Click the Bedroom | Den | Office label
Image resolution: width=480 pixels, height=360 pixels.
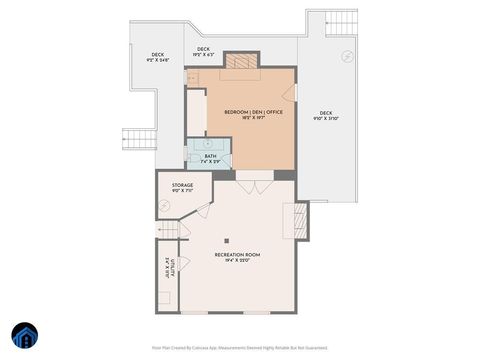tap(254, 114)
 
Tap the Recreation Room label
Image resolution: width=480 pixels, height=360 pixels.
tap(237, 258)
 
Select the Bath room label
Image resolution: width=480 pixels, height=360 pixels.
tap(210, 158)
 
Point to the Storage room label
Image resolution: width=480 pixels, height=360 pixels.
tap(182, 187)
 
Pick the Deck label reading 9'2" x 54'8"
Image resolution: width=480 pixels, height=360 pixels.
tap(158, 57)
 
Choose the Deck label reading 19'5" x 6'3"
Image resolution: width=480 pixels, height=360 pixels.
tap(204, 51)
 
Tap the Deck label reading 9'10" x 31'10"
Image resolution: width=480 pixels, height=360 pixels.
tap(326, 115)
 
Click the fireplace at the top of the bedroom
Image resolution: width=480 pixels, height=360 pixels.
tap(240, 61)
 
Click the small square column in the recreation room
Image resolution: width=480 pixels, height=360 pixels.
tap(227, 240)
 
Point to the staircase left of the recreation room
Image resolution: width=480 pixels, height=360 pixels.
tap(170, 231)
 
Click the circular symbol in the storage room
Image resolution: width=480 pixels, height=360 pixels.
tap(165, 205)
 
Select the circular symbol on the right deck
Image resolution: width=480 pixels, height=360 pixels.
tap(347, 55)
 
